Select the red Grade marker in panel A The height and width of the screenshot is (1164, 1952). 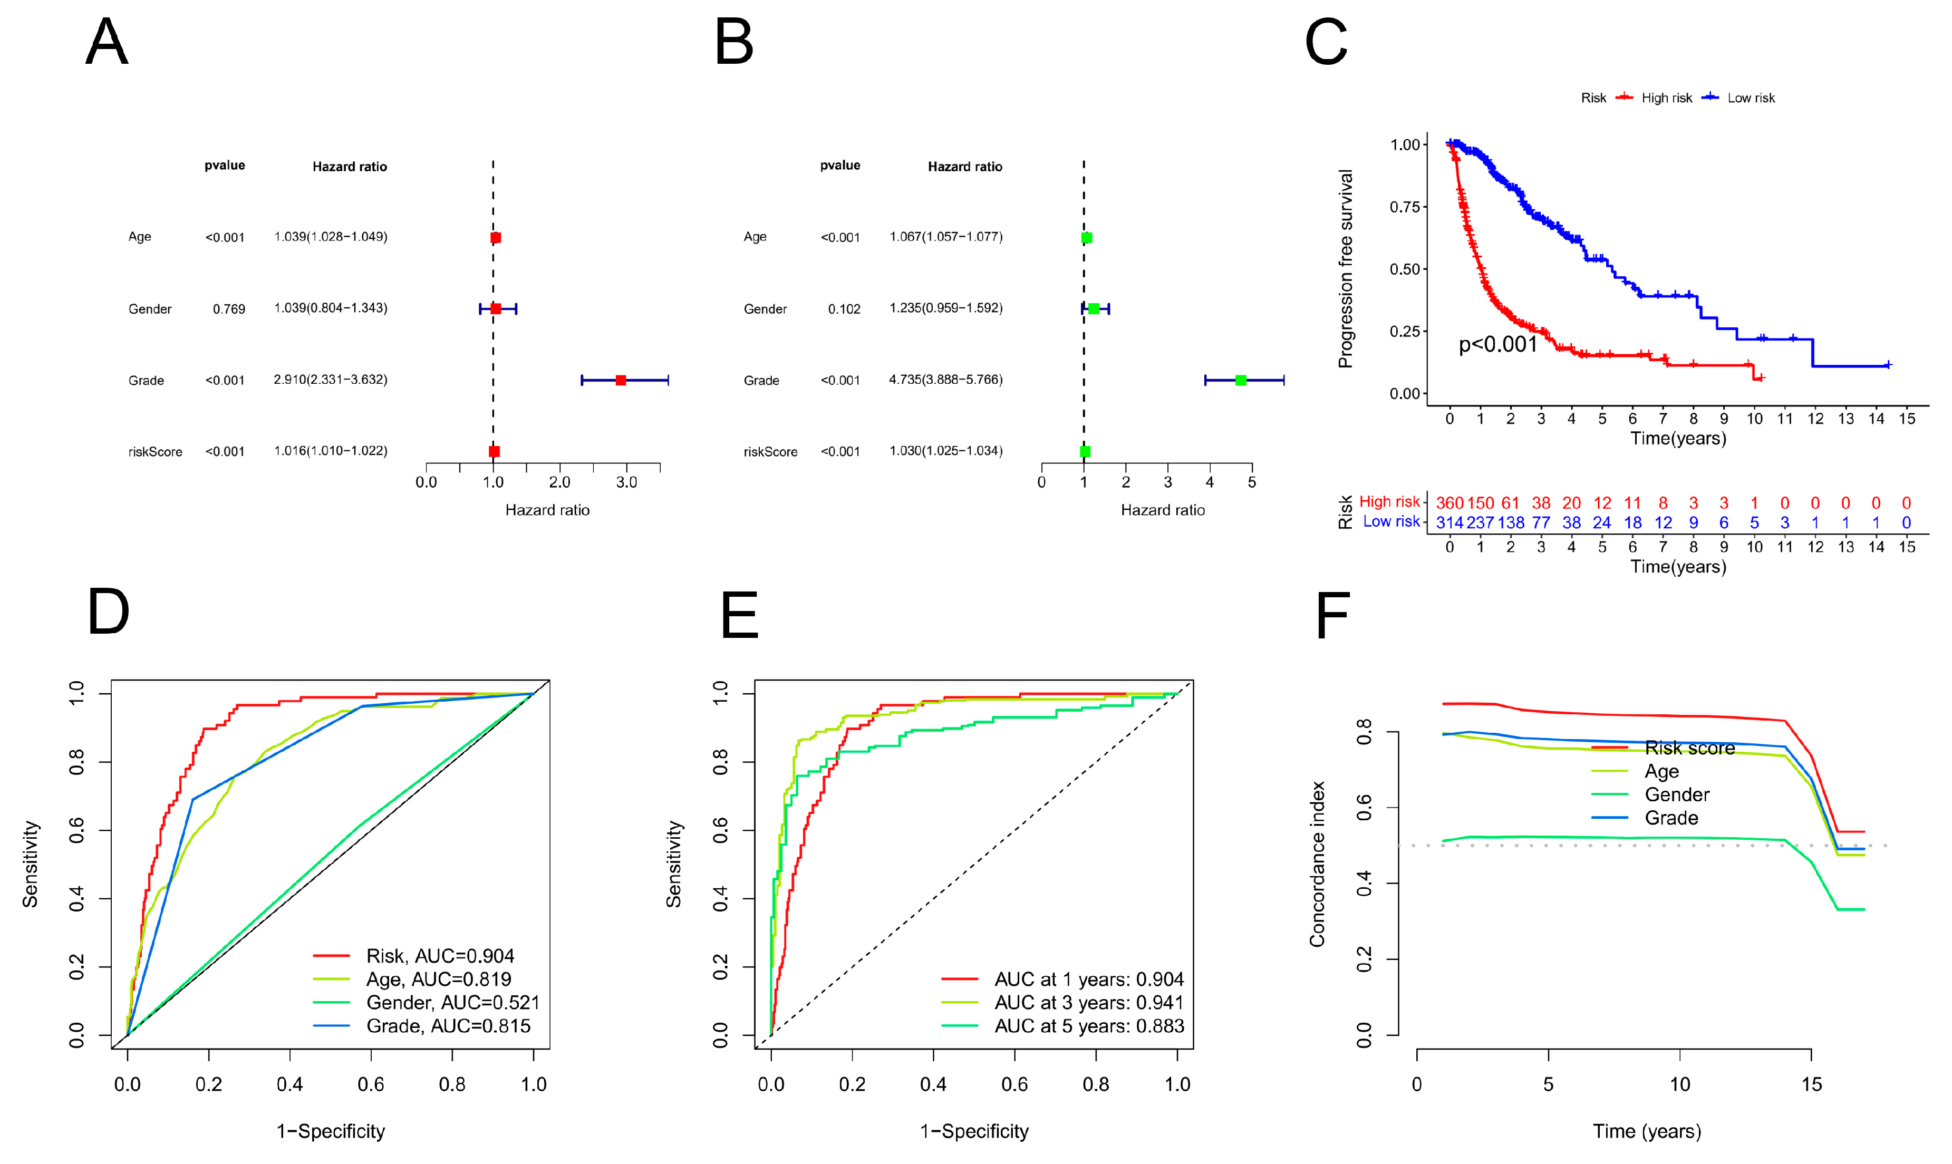pyautogui.click(x=621, y=381)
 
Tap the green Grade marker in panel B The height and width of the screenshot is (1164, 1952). pyautogui.click(x=1240, y=381)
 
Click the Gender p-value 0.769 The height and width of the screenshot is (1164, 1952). pyautogui.click(x=228, y=309)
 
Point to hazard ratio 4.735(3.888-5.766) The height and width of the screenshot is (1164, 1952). pyautogui.click(x=945, y=380)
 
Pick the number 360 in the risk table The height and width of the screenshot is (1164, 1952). pyautogui.click(x=1449, y=503)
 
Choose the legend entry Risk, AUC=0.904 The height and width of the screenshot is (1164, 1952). pyautogui.click(x=439, y=956)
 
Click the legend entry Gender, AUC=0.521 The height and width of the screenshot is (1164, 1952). pyautogui.click(x=452, y=1003)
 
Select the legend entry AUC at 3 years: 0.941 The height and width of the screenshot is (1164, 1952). pyautogui.click(x=1088, y=1003)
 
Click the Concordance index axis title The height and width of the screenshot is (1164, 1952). pyautogui.click(x=1317, y=864)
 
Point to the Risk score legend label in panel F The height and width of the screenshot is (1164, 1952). pyautogui.click(x=1689, y=749)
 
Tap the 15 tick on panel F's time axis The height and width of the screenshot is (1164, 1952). pyautogui.click(x=1811, y=1085)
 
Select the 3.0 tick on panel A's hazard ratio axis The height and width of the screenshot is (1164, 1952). pyautogui.click(x=626, y=482)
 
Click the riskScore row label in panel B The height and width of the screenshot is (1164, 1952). pyautogui.click(x=770, y=452)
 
